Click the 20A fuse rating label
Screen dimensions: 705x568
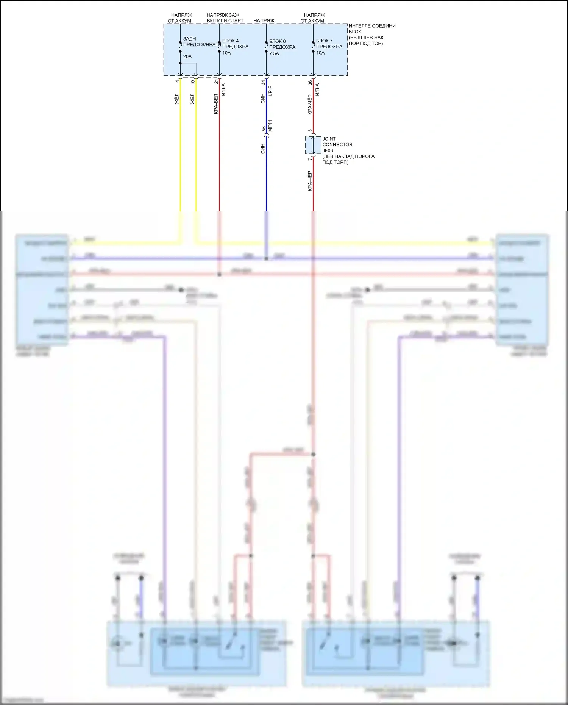[187, 57]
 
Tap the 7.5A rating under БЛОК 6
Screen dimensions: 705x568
[274, 54]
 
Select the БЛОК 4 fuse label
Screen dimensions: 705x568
[231, 41]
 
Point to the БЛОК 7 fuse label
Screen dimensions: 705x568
[325, 41]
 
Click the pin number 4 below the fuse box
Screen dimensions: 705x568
[177, 81]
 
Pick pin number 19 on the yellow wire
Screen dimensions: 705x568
[193, 82]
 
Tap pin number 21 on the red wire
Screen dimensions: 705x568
[216, 81]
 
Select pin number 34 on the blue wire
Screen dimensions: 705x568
[263, 82]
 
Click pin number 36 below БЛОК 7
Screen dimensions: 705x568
[310, 82]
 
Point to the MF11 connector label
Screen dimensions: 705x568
[270, 126]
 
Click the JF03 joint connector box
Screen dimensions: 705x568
[313, 145]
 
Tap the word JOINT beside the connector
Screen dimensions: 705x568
[329, 139]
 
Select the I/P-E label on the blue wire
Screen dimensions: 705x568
[270, 91]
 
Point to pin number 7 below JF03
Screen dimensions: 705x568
[310, 159]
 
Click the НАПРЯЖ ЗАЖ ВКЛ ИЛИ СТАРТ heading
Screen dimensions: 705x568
[225, 18]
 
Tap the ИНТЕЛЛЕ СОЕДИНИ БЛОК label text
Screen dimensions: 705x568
[372, 29]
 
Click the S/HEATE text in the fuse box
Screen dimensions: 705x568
[211, 45]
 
